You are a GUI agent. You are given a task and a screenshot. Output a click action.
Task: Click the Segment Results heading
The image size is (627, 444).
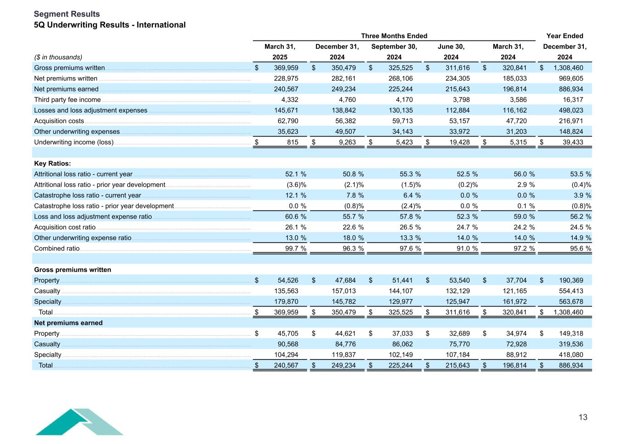click(67, 14)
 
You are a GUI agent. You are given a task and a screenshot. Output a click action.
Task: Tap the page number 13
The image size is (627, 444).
click(582, 417)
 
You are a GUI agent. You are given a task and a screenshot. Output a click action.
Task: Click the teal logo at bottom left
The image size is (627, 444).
click(79, 421)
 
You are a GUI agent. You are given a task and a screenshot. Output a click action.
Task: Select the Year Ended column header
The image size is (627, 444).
click(565, 36)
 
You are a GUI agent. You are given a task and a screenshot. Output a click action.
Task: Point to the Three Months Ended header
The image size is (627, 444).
click(394, 36)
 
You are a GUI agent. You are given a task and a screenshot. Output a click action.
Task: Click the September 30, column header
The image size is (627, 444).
click(394, 46)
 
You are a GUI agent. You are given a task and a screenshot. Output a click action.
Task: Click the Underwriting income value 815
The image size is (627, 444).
click(293, 142)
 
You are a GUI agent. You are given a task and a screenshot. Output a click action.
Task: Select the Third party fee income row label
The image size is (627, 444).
click(67, 100)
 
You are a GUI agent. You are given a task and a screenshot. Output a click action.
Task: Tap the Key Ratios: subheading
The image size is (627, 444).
click(52, 164)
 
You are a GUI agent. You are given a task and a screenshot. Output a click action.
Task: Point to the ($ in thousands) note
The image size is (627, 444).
click(58, 57)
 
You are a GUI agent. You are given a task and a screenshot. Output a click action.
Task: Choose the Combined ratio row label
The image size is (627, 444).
click(56, 249)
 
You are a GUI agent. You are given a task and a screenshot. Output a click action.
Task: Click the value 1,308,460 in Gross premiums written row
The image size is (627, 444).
click(567, 68)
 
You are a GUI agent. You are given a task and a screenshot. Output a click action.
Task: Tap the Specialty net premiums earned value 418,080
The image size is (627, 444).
click(569, 355)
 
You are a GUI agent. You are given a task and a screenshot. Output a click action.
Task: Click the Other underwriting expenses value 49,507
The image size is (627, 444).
click(344, 132)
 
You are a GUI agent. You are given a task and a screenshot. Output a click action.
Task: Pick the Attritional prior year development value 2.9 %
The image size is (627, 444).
click(524, 185)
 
